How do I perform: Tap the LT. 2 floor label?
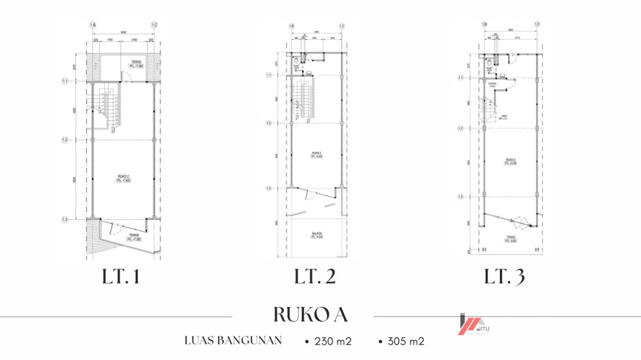point(315,277)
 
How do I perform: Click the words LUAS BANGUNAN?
point(232,340)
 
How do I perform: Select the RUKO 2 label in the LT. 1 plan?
point(123,178)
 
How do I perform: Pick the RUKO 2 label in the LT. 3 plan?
point(510,161)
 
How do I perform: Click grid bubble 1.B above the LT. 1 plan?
point(92,25)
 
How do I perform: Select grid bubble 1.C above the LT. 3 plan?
point(537,24)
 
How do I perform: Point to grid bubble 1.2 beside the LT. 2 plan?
point(269,123)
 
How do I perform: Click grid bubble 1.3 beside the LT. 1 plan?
point(65,219)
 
